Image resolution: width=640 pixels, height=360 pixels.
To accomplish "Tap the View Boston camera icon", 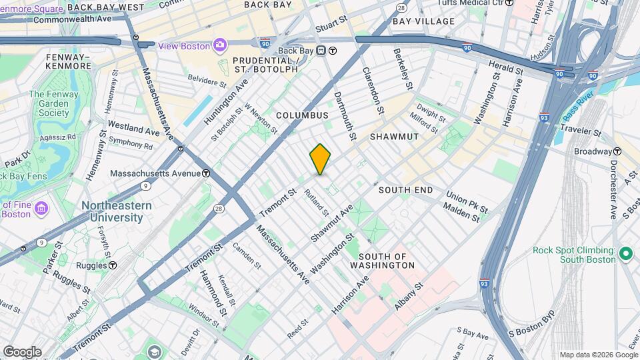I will pyautogui.click(x=219, y=45).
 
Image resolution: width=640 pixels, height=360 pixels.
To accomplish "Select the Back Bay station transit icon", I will pyautogui.click(x=321, y=51).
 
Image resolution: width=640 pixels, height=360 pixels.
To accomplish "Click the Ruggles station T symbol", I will pyautogui.click(x=113, y=265).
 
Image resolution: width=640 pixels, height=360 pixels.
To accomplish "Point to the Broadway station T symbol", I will pyautogui.click(x=617, y=151).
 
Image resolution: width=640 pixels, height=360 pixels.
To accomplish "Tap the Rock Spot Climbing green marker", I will pyautogui.click(x=625, y=254).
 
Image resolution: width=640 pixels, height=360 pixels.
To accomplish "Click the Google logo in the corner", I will pyautogui.click(x=21, y=351).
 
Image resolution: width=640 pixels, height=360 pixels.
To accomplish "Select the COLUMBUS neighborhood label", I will pyautogui.click(x=302, y=115).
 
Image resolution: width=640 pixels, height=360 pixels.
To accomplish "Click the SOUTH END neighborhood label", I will pyautogui.click(x=405, y=190).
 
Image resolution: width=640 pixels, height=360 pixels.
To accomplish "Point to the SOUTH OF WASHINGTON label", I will pyautogui.click(x=387, y=261).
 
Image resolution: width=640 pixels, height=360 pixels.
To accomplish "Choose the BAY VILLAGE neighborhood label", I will pyautogui.click(x=423, y=21).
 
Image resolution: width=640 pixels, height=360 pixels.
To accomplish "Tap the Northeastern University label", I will pyautogui.click(x=113, y=211).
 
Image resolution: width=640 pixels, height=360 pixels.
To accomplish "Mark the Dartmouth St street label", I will pyautogui.click(x=347, y=113).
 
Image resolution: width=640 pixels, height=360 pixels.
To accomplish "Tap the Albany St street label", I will pyautogui.click(x=409, y=295).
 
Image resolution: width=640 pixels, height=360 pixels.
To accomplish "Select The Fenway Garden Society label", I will pyautogui.click(x=53, y=103).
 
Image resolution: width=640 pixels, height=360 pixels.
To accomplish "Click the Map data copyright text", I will pyautogui.click(x=597, y=355).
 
